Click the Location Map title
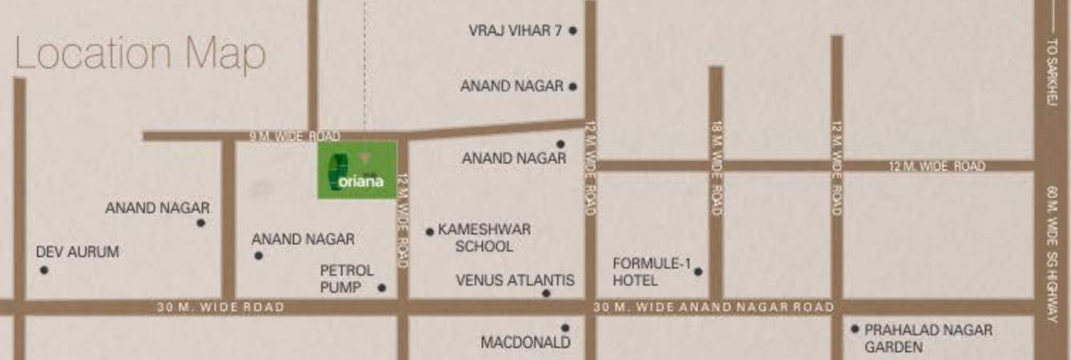tap(140, 55)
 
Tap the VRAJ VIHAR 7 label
tap(515, 31)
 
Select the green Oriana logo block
tap(358, 170)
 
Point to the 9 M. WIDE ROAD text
tap(295, 136)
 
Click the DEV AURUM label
tap(77, 252)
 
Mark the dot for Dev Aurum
tap(44, 270)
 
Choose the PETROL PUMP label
tap(346, 278)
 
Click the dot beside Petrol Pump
tap(382, 288)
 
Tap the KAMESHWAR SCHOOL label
tap(483, 238)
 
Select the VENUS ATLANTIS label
tap(515, 281)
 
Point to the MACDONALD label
tap(525, 342)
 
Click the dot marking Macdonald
tap(565, 328)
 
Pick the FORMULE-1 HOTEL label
tap(651, 272)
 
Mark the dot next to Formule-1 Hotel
tap(698, 272)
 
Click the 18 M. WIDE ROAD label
tap(717, 168)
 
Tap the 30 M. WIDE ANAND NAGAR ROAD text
tap(713, 307)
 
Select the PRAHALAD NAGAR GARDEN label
tap(928, 338)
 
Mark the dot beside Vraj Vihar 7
tap(572, 31)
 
